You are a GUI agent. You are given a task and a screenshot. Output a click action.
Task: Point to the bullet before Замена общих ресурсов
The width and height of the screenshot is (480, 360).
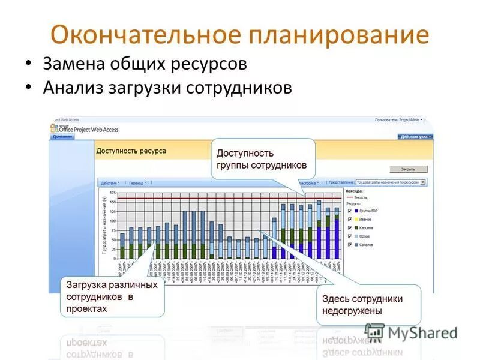click(28, 62)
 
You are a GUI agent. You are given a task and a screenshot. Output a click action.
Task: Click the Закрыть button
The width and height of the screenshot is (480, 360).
click(409, 169)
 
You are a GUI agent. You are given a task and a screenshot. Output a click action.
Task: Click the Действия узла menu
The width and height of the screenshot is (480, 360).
click(415, 137)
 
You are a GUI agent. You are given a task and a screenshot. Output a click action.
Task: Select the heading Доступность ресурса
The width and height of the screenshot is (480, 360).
click(131, 151)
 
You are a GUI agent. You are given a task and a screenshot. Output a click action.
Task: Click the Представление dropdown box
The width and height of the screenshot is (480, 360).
click(390, 181)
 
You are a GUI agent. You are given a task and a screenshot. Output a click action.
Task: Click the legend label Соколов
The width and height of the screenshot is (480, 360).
click(367, 245)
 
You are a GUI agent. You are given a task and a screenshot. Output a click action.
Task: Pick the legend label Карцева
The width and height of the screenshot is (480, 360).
click(367, 228)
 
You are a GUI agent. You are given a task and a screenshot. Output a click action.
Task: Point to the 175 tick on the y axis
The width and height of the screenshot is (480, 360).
click(112, 193)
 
